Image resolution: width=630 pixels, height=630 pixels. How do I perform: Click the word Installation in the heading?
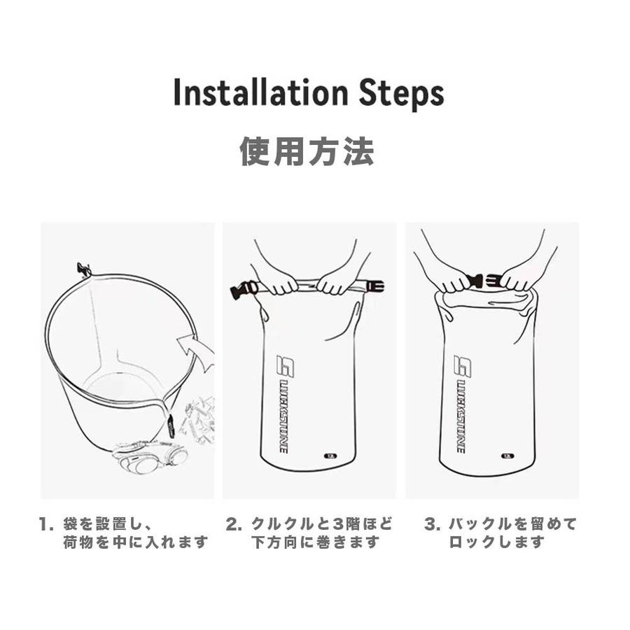pos(260,93)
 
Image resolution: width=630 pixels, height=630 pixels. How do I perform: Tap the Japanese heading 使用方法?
pos(307,151)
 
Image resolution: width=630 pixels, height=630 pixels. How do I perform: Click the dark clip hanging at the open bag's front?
pos(171,428)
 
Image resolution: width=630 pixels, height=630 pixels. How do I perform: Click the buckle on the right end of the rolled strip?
pos(374,286)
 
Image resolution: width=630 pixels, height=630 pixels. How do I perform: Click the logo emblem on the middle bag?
pos(286,365)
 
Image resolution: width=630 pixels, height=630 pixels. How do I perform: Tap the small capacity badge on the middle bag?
pos(330,456)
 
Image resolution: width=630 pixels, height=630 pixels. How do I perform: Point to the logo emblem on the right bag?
pos(463,365)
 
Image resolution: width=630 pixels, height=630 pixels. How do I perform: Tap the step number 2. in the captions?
pos(234,525)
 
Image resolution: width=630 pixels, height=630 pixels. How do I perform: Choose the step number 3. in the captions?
pos(433,525)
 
